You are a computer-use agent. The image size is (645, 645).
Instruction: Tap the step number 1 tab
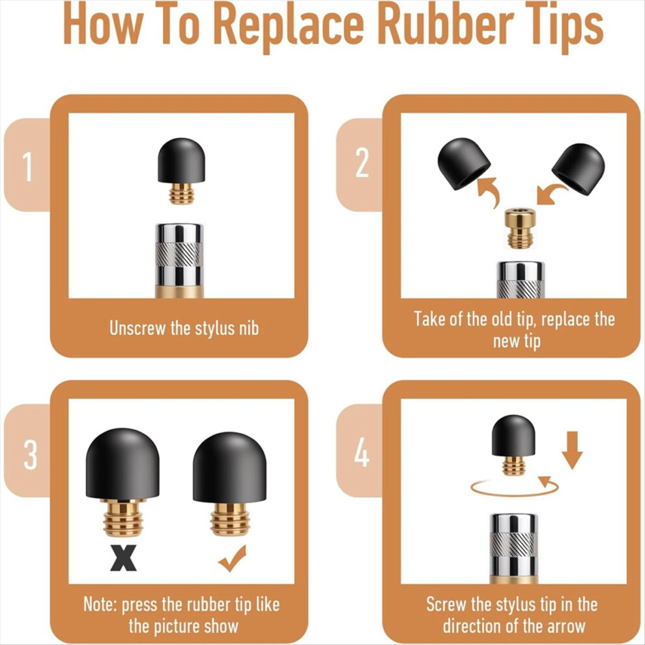(x=27, y=165)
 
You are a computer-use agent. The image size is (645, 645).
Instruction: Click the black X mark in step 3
(x=123, y=558)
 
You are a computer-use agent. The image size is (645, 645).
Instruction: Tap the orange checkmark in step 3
(x=233, y=558)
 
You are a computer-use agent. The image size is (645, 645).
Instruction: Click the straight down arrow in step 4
(x=572, y=450)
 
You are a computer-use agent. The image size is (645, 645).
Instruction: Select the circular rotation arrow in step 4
(x=514, y=487)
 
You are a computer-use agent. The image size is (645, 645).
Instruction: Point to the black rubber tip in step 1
(x=181, y=160)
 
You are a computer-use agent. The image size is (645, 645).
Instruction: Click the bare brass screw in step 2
(x=521, y=229)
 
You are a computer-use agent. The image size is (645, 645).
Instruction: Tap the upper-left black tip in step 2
(x=464, y=164)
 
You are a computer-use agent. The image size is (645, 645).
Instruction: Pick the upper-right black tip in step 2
(x=579, y=168)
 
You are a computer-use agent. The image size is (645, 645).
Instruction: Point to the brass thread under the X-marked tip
(x=123, y=518)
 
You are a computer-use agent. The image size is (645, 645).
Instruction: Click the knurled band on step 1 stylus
(x=179, y=254)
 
